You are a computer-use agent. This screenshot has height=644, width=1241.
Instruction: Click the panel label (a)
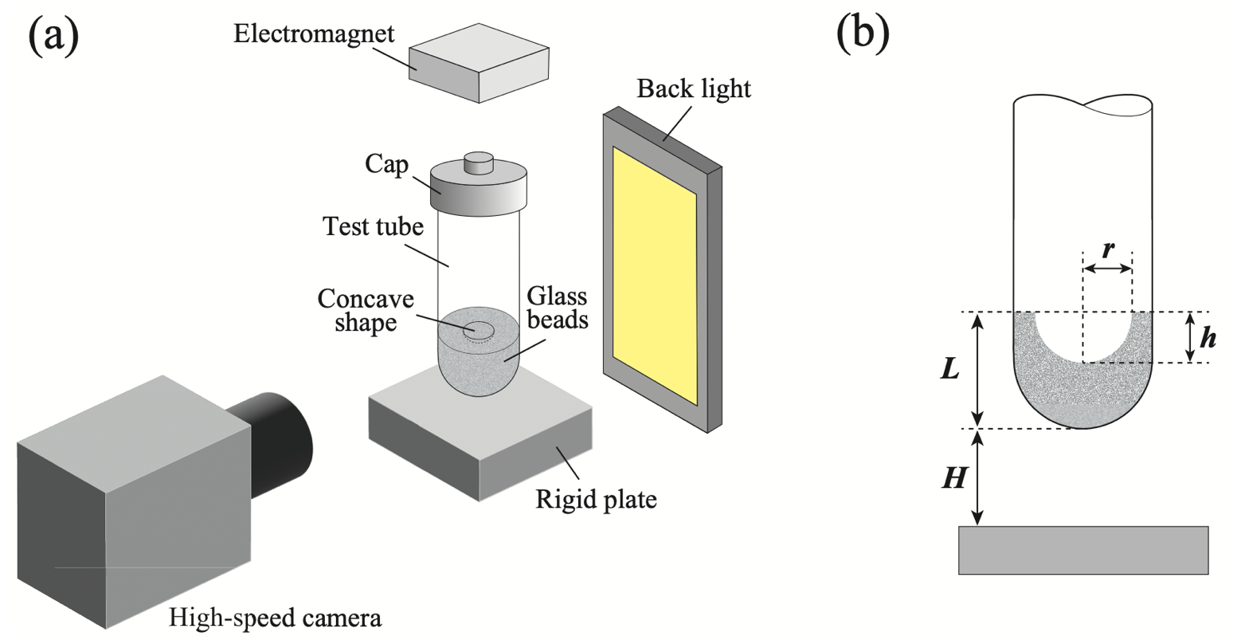click(53, 36)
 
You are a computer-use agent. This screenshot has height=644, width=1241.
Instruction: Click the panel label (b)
click(863, 33)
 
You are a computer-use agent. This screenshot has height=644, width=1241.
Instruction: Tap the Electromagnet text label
click(314, 34)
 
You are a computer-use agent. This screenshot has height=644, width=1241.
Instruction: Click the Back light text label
click(693, 88)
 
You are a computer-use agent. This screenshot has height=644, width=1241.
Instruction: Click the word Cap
click(386, 164)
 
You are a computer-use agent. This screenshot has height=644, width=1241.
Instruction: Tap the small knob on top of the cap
click(479, 163)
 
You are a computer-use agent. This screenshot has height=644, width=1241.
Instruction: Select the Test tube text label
click(373, 226)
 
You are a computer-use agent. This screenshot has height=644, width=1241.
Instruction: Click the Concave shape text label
click(366, 311)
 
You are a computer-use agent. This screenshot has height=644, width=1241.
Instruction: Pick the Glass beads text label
click(557, 308)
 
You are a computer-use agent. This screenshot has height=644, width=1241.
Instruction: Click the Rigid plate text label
click(596, 500)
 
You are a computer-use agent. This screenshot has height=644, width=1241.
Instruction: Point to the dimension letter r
click(1107, 250)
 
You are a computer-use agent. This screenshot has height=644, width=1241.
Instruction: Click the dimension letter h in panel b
click(1208, 338)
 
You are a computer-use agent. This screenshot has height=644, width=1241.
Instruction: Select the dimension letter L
click(950, 370)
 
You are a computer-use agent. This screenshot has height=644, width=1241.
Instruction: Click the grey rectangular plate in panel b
click(1082, 550)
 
